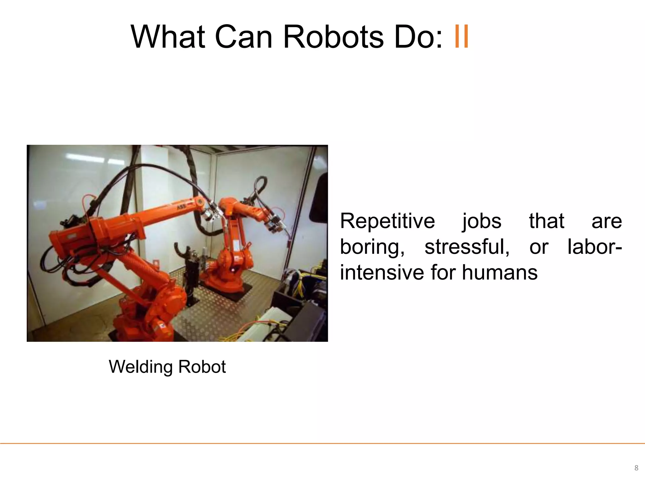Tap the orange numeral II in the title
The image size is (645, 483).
[462, 37]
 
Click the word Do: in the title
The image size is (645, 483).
[419, 37]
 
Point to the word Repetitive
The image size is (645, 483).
[387, 221]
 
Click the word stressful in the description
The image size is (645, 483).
[467, 247]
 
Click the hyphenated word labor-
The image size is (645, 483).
[595, 247]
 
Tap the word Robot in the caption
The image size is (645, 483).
[202, 367]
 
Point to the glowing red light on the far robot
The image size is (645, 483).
[233, 270]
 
